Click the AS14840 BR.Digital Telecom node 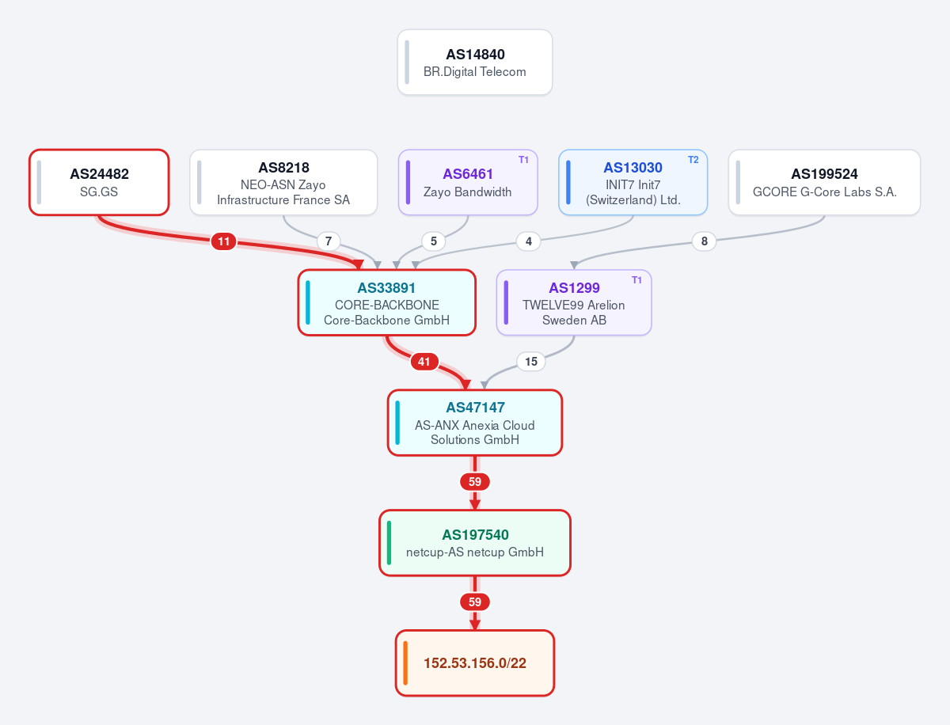475,63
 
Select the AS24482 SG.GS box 99,183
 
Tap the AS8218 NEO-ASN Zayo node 283,183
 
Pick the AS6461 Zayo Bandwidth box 468,183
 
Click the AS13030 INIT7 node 633,183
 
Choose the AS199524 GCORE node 824,183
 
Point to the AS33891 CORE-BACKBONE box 387,303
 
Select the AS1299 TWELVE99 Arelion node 574,303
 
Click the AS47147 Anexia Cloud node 475,423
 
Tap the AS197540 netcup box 475,543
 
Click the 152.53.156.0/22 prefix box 475,663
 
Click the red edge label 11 224,241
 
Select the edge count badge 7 329,241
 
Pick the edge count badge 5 434,241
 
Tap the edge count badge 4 529,241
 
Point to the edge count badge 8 704,241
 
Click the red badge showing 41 424,362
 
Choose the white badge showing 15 531,362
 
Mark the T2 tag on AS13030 693,160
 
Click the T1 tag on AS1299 636,280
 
